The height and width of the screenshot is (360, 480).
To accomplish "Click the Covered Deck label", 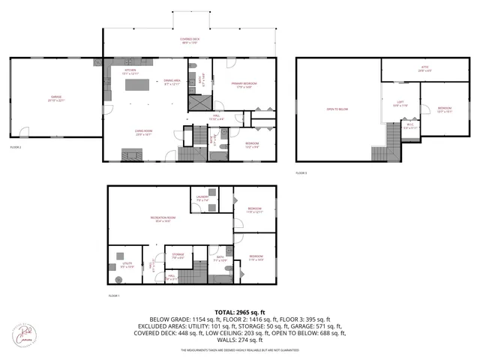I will click(189, 40).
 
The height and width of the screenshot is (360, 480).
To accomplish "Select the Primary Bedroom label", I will click(230, 85).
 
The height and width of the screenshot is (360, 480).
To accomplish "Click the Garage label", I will click(56, 98).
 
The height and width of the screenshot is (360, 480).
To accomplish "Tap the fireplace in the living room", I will click(130, 156).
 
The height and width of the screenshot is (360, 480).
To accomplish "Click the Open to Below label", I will click(337, 109).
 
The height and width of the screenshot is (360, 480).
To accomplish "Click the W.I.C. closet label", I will click(409, 127).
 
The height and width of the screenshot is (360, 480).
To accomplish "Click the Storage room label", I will click(178, 256).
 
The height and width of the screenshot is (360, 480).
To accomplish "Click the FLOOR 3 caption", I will click(302, 174).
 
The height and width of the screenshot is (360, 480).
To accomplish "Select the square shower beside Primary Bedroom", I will click(198, 103).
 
